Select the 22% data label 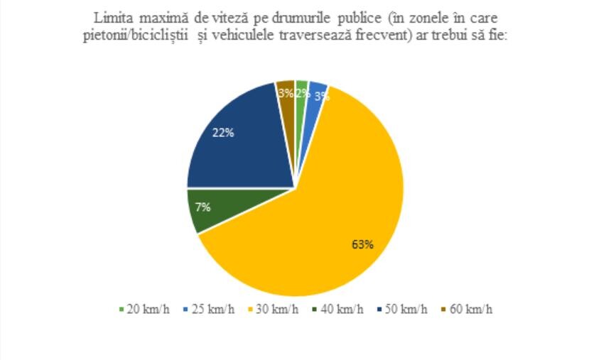coord(223,132)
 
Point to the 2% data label coord(301,92)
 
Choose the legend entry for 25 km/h coord(205,309)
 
